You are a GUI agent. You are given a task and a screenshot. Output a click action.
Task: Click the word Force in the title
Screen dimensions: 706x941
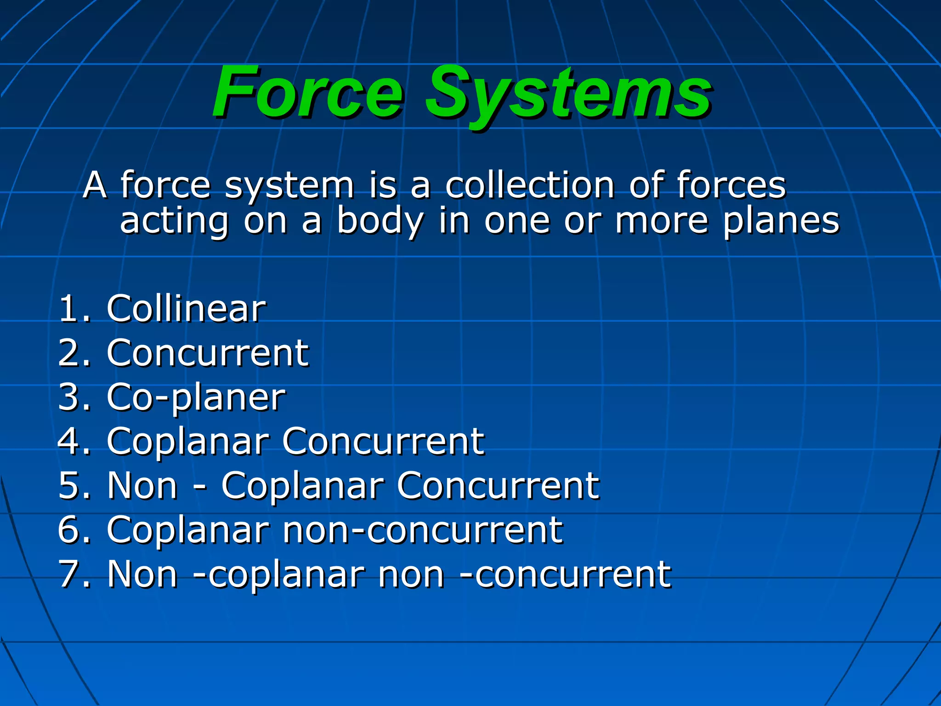(308, 92)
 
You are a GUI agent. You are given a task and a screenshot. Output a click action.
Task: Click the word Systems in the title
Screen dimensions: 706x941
(568, 94)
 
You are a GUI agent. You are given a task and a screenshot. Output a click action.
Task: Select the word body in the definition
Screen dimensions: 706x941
(380, 222)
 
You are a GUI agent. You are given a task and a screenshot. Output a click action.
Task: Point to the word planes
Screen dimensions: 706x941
(781, 222)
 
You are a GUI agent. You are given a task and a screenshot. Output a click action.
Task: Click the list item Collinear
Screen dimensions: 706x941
(186, 308)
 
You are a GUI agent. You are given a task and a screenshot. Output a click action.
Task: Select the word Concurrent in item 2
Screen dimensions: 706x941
(208, 353)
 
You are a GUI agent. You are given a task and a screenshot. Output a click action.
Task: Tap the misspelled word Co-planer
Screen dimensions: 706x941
(196, 398)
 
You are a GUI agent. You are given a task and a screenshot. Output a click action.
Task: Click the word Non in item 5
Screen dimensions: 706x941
(142, 485)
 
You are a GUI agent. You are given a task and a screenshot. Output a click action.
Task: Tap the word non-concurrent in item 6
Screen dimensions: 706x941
(422, 530)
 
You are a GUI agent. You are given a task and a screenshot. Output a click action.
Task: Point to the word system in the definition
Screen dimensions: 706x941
(289, 186)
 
